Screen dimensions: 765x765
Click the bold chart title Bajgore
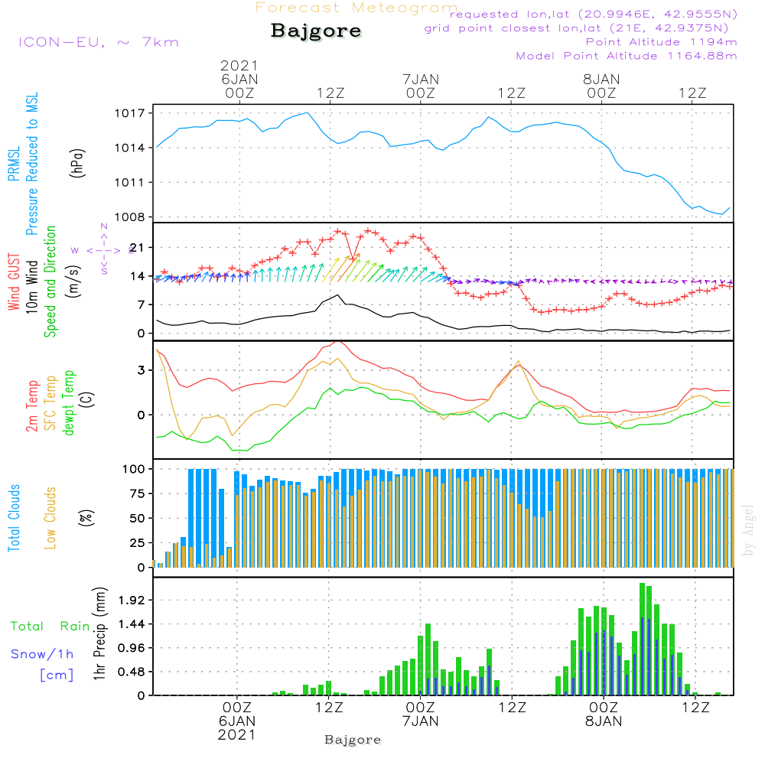[x=316, y=32]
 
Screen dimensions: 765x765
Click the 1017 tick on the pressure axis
[x=129, y=113]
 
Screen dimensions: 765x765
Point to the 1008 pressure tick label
[x=129, y=217]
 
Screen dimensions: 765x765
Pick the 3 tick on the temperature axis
[x=142, y=370]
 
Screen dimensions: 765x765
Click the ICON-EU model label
[x=98, y=42]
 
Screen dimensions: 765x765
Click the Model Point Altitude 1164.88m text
[x=627, y=56]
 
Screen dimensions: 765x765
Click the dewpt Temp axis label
[x=69, y=403]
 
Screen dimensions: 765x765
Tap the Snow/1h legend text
[x=42, y=655]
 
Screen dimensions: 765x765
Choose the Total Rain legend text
[x=50, y=627]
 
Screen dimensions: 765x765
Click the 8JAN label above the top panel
[x=601, y=79]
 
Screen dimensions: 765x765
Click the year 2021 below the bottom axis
[x=237, y=734]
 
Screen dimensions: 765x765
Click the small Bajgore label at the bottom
[x=353, y=741]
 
